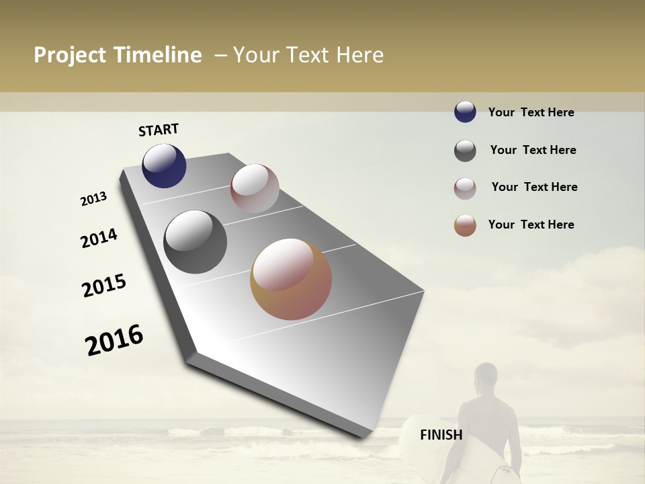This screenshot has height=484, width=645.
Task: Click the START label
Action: click(159, 130)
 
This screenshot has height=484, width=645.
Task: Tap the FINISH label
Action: click(441, 435)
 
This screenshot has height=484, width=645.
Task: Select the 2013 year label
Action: click(94, 199)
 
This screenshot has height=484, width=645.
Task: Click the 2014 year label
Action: click(99, 238)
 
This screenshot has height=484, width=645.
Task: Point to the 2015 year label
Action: click(104, 286)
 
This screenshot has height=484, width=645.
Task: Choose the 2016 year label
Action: click(114, 340)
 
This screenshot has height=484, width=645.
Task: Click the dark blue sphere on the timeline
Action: click(164, 166)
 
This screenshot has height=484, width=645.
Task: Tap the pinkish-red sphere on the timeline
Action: click(255, 188)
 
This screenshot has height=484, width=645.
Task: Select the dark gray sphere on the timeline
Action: click(195, 242)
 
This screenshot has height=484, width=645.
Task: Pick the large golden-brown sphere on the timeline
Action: click(291, 279)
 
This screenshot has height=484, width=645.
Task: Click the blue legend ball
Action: click(465, 112)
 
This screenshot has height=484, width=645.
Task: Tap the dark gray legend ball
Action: click(465, 151)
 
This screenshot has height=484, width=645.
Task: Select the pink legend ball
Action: click(465, 188)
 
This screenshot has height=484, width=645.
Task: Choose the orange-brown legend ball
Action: click(465, 225)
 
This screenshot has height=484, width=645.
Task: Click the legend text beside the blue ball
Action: click(531, 112)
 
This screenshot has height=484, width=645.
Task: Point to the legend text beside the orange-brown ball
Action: click(531, 225)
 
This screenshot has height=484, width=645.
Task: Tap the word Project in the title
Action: click(70, 55)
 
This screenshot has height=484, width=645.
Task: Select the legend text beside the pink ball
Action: click(534, 187)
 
